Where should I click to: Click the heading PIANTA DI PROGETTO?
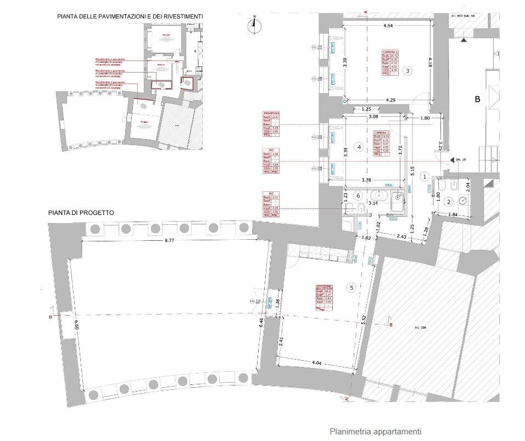(x=81, y=212)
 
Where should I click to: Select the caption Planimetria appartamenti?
(x=375, y=432)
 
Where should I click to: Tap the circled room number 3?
(x=407, y=70)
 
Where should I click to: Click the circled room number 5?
(x=352, y=288)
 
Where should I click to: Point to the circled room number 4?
(x=359, y=147)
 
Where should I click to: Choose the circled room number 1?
(x=425, y=177)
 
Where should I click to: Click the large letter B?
(x=477, y=100)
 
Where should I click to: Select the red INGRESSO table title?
(x=271, y=113)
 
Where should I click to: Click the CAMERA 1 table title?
(x=390, y=52)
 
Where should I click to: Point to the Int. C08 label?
(x=421, y=328)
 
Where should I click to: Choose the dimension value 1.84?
(x=453, y=214)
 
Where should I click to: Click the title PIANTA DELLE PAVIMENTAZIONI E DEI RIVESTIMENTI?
(x=130, y=16)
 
